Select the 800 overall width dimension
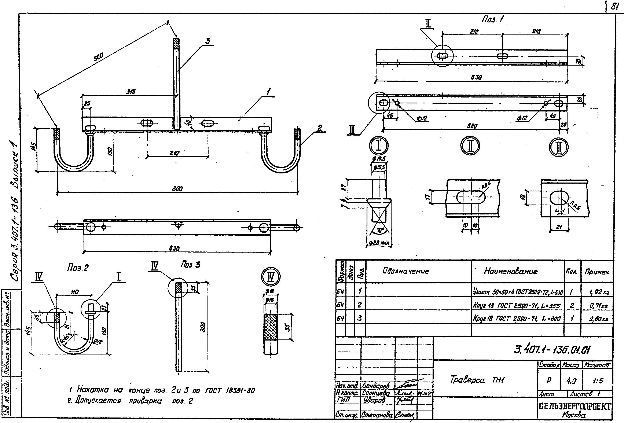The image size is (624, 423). coord(177,189)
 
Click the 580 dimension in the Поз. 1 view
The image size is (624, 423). coord(472,126)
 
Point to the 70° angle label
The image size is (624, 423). coord(380,230)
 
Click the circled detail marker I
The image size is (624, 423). coord(379,146)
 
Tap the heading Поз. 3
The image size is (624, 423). coord(190,265)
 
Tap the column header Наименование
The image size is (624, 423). coord(510,271)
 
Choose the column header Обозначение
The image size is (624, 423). coord(406,271)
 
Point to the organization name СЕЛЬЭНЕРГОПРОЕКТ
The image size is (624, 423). coord(575,406)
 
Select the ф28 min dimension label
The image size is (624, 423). coord(379,243)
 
